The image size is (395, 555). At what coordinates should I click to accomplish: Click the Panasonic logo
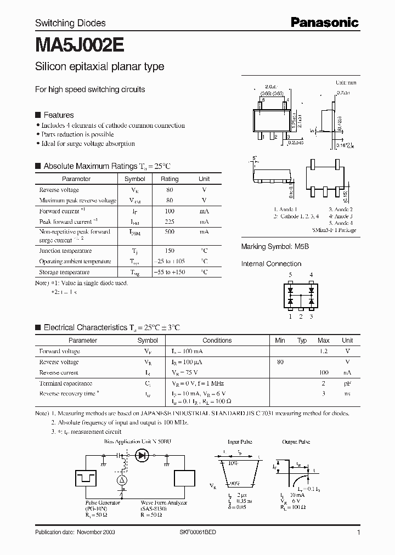324,22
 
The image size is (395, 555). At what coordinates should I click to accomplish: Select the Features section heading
58,115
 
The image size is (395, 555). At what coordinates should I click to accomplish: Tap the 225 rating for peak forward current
170,222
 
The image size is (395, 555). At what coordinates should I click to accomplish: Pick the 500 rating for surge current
170,232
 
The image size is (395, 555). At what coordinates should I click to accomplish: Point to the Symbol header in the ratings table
135,179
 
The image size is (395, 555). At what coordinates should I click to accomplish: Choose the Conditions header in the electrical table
217,341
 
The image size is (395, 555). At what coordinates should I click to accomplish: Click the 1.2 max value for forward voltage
324,351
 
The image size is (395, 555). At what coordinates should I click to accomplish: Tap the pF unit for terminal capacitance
347,383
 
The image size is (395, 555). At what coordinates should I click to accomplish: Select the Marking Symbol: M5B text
275,247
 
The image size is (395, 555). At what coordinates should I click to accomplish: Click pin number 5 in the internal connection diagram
290,275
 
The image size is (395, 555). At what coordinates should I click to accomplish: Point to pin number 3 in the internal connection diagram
312,316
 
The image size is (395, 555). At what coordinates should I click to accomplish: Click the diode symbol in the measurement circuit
143,455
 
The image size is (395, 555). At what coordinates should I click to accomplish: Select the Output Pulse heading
296,441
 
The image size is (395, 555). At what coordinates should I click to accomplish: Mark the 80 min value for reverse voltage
280,362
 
